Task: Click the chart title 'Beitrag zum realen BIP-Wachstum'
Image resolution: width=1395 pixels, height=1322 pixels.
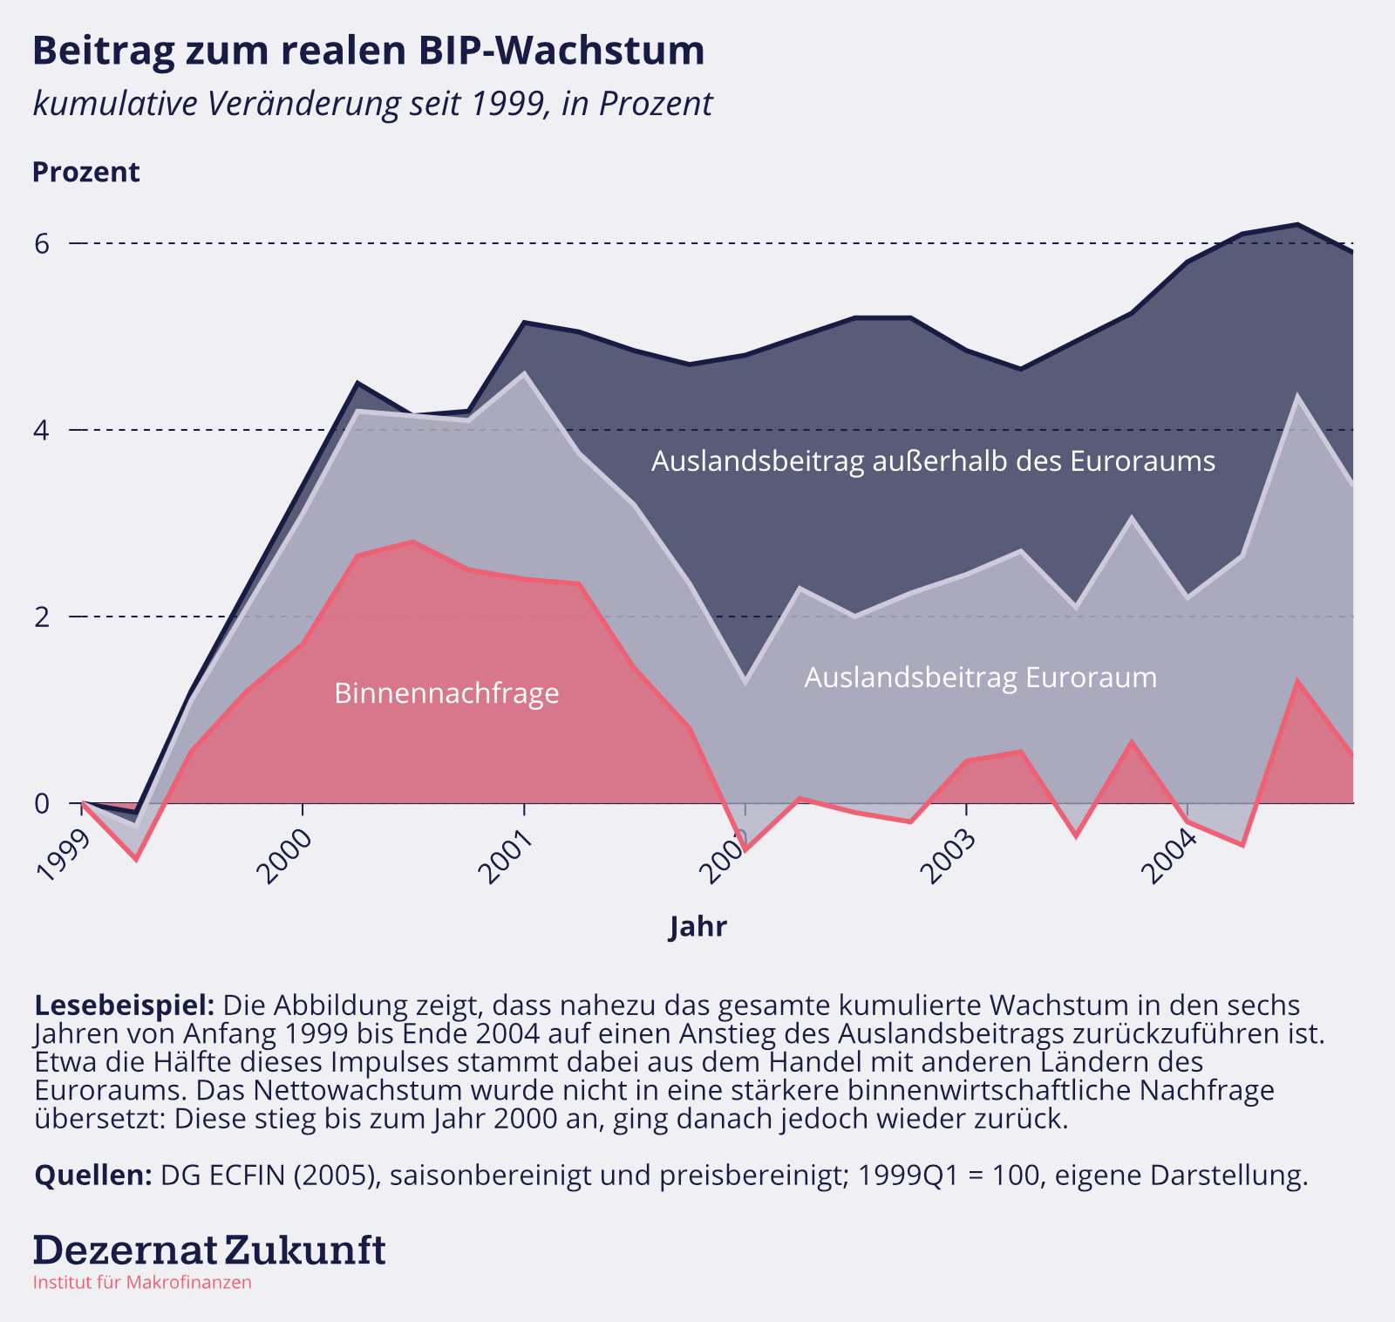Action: [368, 51]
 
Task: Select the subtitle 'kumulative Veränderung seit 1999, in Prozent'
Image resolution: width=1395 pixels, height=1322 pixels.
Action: [372, 104]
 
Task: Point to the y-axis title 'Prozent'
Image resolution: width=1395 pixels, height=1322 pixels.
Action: [85, 172]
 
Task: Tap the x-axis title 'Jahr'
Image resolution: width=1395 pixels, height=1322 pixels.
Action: [697, 926]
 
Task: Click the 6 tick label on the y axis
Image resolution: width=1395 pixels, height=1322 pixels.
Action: [43, 243]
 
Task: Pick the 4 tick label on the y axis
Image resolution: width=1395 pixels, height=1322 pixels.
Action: [43, 430]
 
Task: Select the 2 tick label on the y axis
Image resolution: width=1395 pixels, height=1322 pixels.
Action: [43, 617]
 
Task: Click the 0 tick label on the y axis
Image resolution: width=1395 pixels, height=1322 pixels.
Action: [43, 803]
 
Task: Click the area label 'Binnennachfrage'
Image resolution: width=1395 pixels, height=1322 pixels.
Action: [446, 693]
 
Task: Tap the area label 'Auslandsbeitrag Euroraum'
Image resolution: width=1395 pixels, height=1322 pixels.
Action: [980, 678]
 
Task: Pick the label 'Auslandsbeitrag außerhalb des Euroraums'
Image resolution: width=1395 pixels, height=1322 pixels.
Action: [933, 460]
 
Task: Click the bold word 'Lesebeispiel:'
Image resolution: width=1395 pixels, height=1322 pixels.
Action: [124, 1005]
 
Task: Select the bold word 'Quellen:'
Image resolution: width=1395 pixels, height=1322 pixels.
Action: [93, 1175]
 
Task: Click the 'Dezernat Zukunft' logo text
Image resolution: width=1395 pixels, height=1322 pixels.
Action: [209, 1250]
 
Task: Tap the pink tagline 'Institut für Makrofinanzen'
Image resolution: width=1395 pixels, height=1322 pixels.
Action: [142, 1283]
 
